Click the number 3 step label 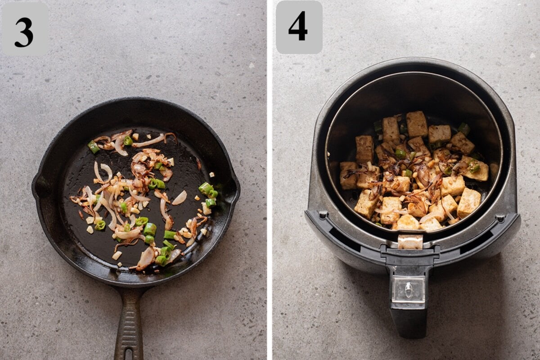pyautogui.click(x=24, y=29)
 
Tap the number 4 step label pyautogui.click(x=299, y=27)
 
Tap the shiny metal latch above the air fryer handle pyautogui.click(x=410, y=242)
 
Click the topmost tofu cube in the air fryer pyautogui.click(x=417, y=124)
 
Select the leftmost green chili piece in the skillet pyautogui.click(x=93, y=147)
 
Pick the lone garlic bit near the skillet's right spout pyautogui.click(x=212, y=175)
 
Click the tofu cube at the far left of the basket pyautogui.click(x=348, y=175)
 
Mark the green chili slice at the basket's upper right pyautogui.click(x=463, y=129)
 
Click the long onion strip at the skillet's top pyautogui.click(x=148, y=141)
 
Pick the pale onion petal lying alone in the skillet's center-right pyautogui.click(x=180, y=198)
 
